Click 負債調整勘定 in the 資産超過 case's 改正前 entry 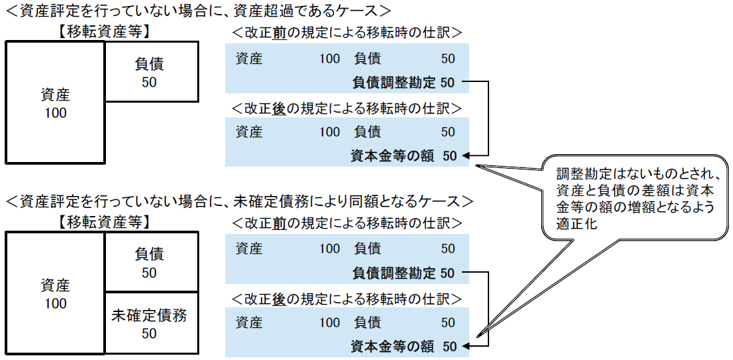coord(393,83)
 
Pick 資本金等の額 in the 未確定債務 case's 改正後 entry coord(392,347)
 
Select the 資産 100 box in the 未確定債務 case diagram coord(55,293)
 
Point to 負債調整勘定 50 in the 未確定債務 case coord(404,273)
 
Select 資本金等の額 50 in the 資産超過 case coord(404,156)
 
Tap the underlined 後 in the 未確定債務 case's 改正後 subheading coord(280,297)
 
